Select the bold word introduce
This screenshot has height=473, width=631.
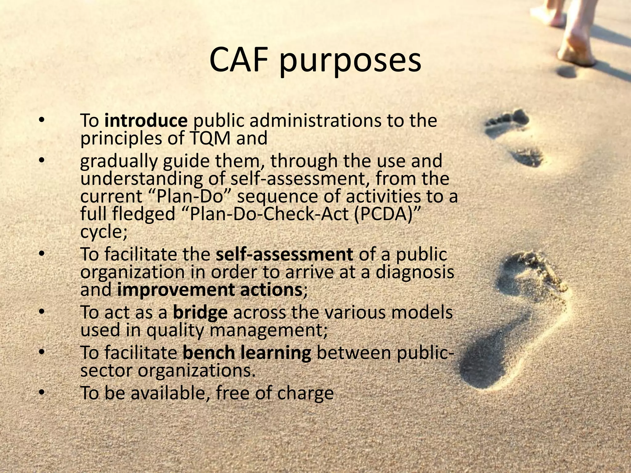pos(146,120)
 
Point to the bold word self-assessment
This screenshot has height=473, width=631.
pos(284,255)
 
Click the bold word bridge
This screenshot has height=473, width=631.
pos(200,313)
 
